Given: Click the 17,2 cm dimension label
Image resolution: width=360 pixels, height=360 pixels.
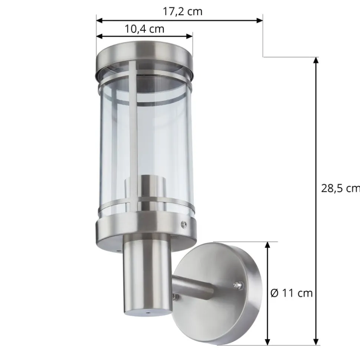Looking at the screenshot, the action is pos(183,11).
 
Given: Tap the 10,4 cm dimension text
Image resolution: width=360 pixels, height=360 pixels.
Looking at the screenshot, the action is pos(144,29).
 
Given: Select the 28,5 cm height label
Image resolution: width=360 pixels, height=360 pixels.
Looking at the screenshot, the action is pos(340,188).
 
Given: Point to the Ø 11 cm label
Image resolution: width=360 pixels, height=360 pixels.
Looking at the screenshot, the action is pos(291,293).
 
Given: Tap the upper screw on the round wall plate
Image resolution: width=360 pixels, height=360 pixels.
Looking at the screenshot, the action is pos(239,285).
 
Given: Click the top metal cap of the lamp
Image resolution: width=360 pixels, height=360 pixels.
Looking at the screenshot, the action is pos(144,57).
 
